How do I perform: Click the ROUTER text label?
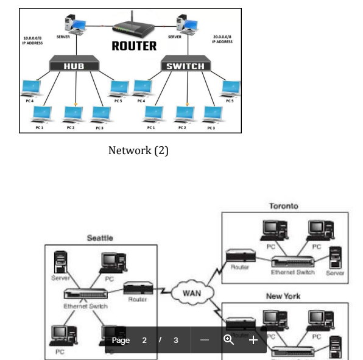133,45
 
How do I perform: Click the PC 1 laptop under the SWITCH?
155,114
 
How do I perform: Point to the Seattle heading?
100,238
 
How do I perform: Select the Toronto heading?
284,206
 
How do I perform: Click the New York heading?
284,296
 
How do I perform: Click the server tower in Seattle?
60,262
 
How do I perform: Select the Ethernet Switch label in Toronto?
293,272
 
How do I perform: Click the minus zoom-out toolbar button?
205,340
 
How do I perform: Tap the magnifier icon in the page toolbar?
229,340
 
